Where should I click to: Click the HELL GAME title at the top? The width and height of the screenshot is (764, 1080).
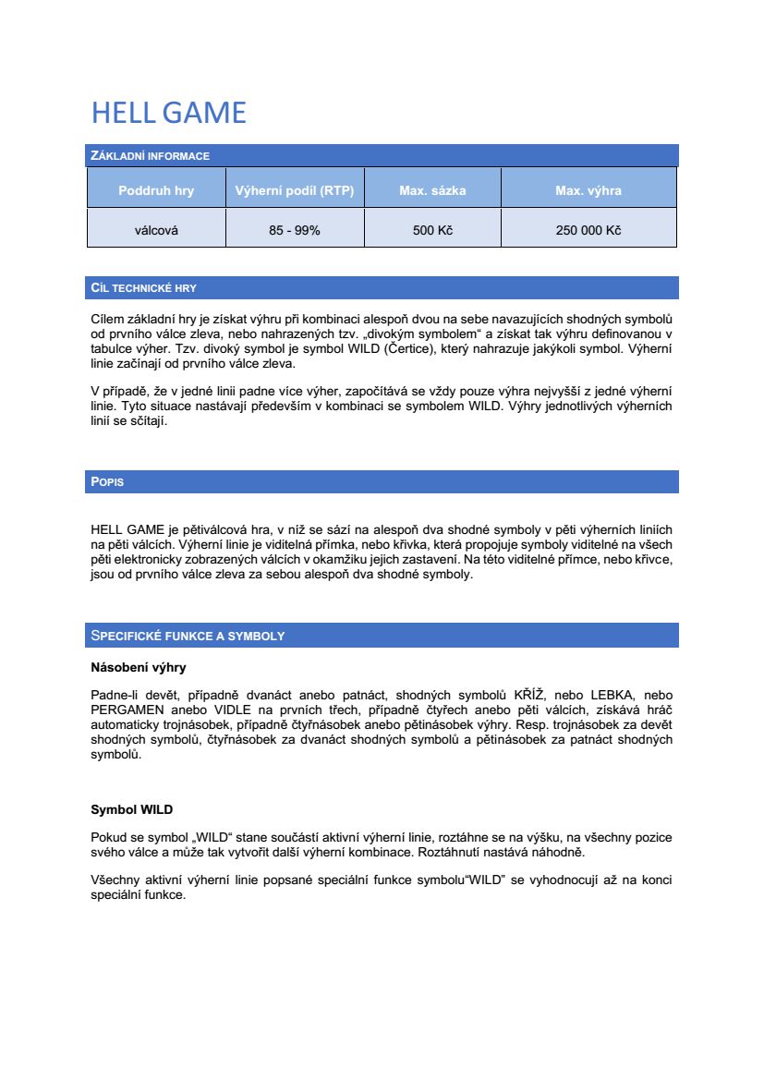coord(168,113)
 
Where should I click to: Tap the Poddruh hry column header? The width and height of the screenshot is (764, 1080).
coord(156,191)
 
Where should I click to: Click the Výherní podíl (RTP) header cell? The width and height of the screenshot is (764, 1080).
coord(295,191)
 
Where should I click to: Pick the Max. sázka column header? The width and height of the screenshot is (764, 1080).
coord(432,191)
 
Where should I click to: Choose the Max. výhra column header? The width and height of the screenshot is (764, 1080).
coord(588,191)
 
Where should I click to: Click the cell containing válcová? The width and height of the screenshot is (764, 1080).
coord(156,230)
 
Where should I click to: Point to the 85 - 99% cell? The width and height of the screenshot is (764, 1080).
coord(295,230)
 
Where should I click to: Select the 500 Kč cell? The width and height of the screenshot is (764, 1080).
coord(432,230)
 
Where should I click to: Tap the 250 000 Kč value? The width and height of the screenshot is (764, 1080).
coord(588,230)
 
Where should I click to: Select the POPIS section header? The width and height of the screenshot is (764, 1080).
coord(107,482)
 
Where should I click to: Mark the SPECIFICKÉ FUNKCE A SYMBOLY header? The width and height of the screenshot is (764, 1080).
coord(188,636)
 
